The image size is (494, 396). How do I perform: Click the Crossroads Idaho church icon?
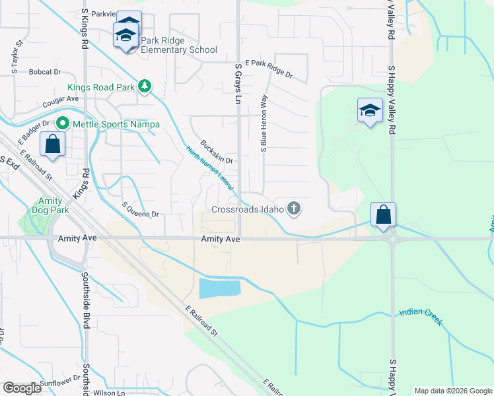[x=294, y=209]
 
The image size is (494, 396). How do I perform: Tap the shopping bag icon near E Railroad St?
[x=53, y=145]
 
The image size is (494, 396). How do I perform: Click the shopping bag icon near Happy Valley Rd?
[x=383, y=214]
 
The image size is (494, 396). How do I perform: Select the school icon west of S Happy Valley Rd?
[x=370, y=111]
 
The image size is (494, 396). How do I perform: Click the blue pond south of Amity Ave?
[x=219, y=288]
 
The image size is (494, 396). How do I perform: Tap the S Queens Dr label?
[x=141, y=214]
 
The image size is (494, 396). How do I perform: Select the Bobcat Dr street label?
[x=44, y=72]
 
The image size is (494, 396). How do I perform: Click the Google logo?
[x=22, y=388]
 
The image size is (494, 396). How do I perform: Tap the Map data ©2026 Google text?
[x=452, y=391]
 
